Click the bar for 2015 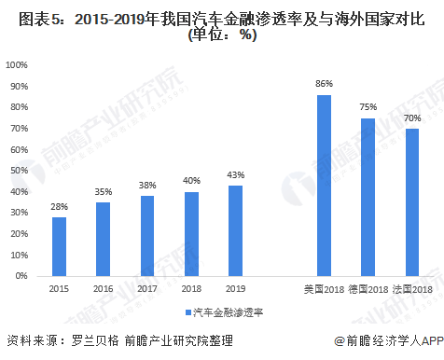click(59, 246)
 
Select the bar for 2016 click(103, 239)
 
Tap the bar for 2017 click(147, 236)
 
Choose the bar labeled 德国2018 click(368, 197)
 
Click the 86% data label click(324, 84)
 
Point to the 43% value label click(235, 174)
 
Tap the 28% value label click(59, 206)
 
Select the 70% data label click(412, 118)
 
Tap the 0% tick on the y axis click(21, 276)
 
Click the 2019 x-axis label click(235, 290)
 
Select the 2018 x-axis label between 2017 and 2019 click(191, 290)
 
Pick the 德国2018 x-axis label click(368, 290)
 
